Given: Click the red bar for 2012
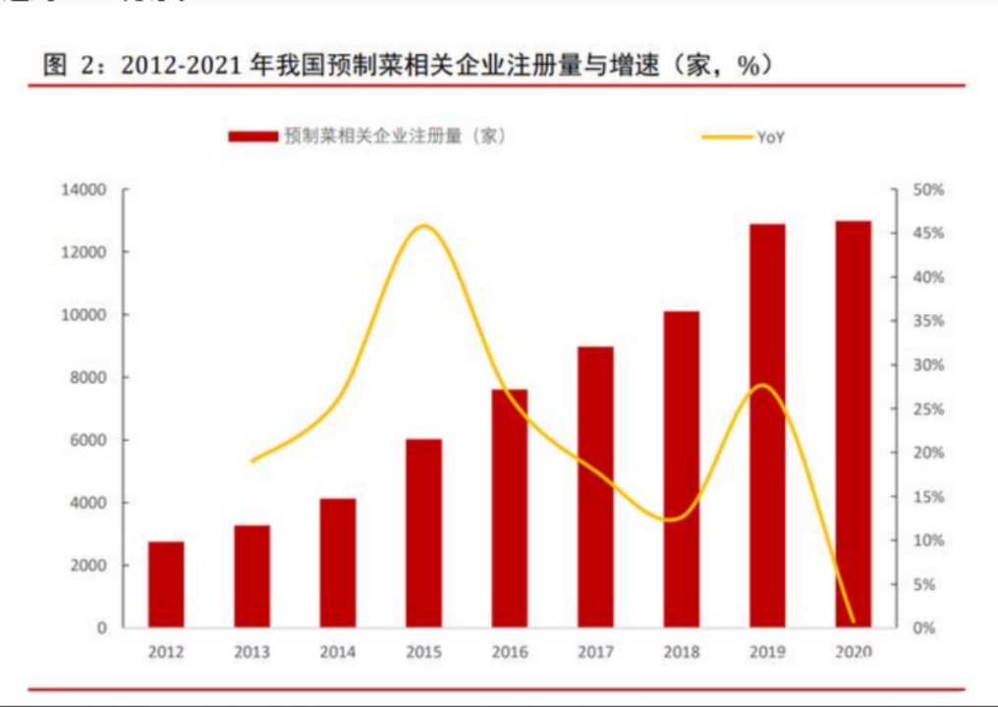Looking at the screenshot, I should click(166, 584).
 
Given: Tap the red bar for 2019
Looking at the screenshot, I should click(766, 426).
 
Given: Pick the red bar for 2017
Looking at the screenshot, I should click(595, 487).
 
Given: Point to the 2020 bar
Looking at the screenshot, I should click(853, 424).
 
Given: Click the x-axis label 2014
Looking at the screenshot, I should click(338, 652).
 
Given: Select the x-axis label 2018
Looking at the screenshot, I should click(682, 652).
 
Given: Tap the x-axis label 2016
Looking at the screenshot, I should click(510, 652).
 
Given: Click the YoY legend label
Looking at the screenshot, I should click(770, 137).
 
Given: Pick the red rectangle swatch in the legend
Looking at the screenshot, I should click(252, 136).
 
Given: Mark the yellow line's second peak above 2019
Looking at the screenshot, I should click(763, 384).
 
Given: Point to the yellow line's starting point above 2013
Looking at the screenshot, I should click(252, 461).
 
